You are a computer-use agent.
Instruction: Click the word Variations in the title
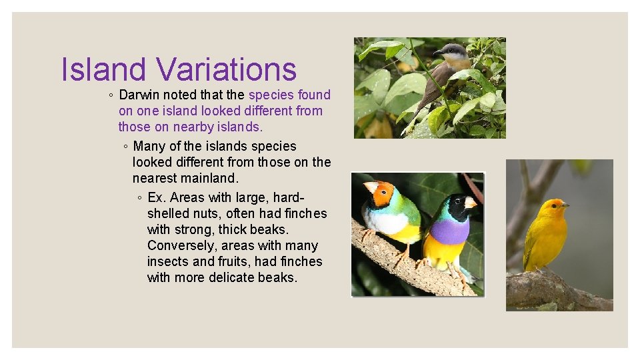click(226, 70)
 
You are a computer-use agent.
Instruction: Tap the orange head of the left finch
click(382, 193)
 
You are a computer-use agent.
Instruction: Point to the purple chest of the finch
click(450, 231)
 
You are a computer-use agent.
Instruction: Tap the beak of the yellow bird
click(566, 205)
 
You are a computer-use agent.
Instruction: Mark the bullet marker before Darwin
click(110, 95)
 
